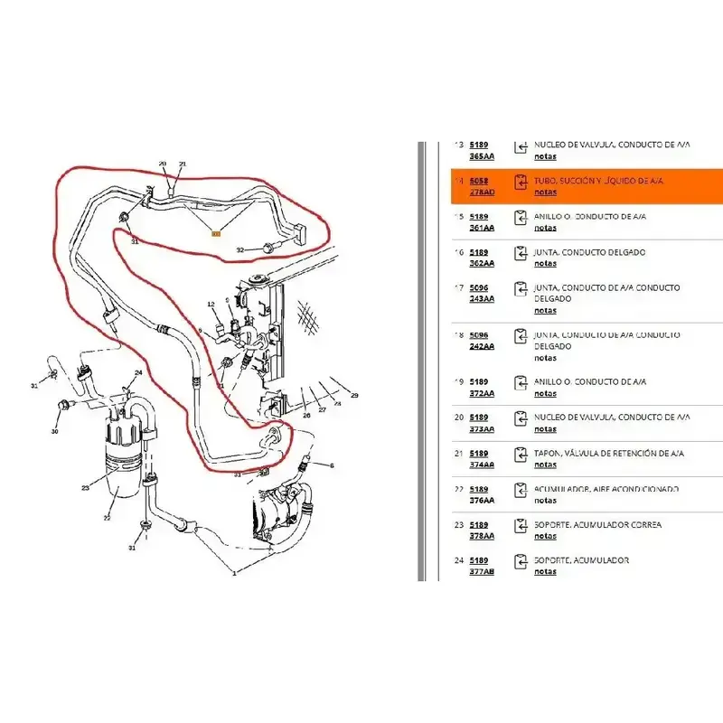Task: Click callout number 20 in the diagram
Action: click(x=163, y=164)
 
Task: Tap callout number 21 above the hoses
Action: click(x=182, y=164)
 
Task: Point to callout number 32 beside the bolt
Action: click(x=239, y=249)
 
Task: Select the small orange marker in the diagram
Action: click(x=215, y=234)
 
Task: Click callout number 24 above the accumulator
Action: click(x=138, y=373)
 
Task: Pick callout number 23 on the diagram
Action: click(x=85, y=488)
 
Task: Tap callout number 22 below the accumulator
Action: click(x=107, y=518)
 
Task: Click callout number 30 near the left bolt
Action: click(x=54, y=431)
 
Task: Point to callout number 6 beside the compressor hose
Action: click(x=331, y=465)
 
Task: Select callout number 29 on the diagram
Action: click(x=354, y=396)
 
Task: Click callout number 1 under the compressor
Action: click(x=234, y=572)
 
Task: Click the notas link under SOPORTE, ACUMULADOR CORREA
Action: click(x=545, y=536)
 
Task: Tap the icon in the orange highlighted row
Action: click(x=521, y=182)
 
